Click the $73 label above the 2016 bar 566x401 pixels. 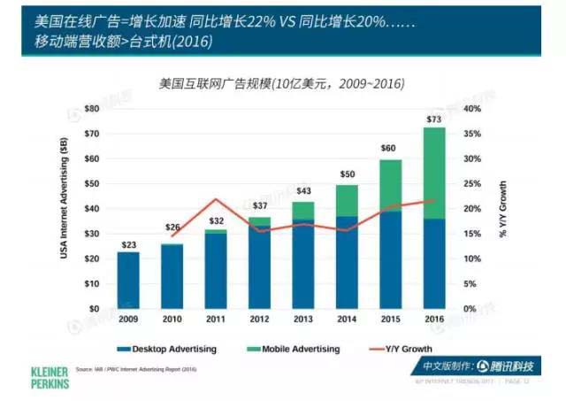click(x=433, y=119)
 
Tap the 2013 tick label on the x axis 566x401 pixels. click(x=303, y=319)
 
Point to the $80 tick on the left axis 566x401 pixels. click(x=91, y=109)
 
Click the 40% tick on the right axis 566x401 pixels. click(x=473, y=109)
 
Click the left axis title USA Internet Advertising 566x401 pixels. click(x=64, y=208)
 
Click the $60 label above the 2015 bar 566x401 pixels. click(x=390, y=148)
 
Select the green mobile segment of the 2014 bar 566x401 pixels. click(x=347, y=200)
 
